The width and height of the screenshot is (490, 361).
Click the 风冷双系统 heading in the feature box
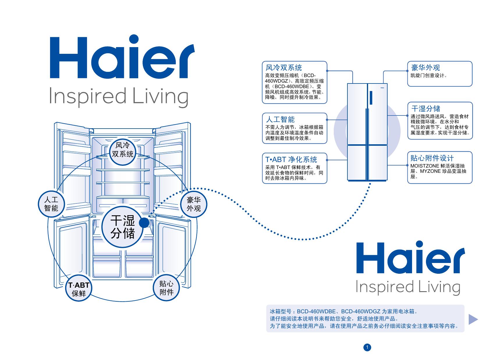click(x=284, y=67)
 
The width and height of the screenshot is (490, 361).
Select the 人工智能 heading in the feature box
click(x=280, y=119)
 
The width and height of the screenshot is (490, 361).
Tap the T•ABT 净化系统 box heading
click(x=291, y=159)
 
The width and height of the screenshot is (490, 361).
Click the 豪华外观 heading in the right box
click(x=425, y=67)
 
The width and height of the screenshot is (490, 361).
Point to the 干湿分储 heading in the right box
click(x=425, y=109)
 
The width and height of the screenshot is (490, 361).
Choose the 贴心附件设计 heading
click(x=432, y=158)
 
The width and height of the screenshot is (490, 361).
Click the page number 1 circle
click(x=367, y=347)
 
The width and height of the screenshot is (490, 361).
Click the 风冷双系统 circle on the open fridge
click(x=123, y=150)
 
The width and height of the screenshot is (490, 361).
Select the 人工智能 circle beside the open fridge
click(x=52, y=204)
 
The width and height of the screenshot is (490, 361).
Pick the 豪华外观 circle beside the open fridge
click(x=194, y=204)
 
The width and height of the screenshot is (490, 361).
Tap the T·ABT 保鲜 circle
click(x=79, y=289)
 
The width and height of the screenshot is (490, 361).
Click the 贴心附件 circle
click(x=166, y=288)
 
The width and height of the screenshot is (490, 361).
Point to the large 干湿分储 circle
click(x=123, y=229)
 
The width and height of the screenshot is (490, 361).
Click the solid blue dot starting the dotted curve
click(x=144, y=223)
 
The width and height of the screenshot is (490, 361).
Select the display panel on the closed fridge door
click(x=371, y=97)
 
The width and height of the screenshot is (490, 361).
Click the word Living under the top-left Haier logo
click(x=160, y=97)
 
